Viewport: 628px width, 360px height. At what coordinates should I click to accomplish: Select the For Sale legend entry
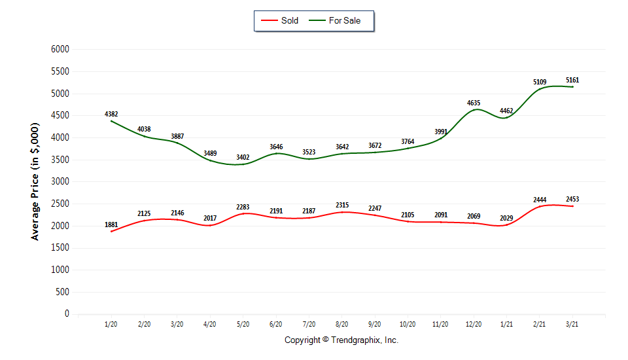343,20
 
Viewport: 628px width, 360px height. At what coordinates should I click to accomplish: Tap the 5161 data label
572,81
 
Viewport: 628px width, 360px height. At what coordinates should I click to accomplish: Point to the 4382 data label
111,115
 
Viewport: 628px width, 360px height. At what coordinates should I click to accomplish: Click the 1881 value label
111,225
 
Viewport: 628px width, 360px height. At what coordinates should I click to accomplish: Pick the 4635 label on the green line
474,103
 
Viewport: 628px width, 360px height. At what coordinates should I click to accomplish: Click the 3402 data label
243,158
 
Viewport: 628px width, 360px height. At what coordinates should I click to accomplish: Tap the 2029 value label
506,219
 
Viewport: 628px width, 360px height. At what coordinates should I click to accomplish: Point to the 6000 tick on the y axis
61,49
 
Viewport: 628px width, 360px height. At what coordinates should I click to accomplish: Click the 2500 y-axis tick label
61,204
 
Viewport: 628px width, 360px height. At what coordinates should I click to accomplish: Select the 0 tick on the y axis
67,314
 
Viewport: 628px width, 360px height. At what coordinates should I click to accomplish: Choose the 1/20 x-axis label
111,324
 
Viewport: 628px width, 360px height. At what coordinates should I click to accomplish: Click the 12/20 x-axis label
474,324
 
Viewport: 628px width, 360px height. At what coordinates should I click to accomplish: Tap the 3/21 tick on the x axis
572,324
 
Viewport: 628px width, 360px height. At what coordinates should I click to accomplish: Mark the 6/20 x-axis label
275,324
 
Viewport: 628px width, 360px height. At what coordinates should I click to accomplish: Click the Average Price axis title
35,181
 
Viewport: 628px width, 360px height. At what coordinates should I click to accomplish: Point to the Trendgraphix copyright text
341,340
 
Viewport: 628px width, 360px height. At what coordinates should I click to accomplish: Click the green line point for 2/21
540,90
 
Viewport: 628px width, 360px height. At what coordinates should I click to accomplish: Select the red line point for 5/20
243,213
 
